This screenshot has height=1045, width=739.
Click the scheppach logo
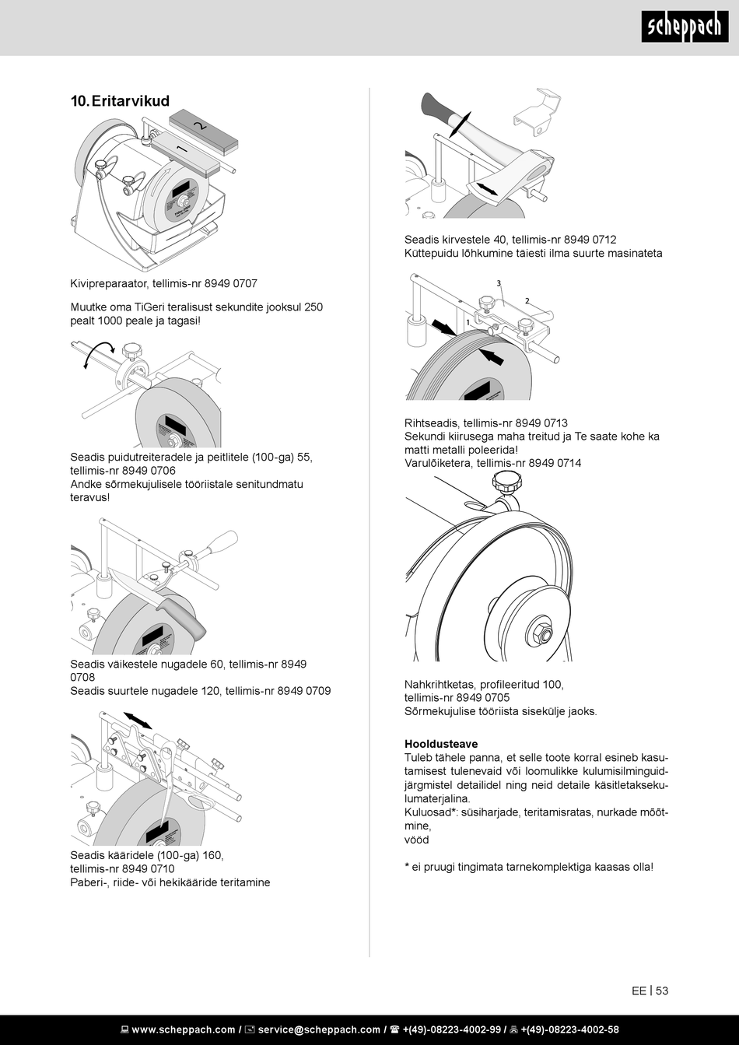tap(685, 28)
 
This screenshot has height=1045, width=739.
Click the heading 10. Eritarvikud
tap(120, 101)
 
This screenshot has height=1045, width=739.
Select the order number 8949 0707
tap(231, 284)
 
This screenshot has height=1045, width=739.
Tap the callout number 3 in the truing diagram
tap(498, 283)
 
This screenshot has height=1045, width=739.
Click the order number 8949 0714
tap(555, 463)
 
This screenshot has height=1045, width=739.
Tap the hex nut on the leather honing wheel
tap(539, 631)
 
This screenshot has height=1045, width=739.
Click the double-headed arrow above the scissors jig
tap(138, 720)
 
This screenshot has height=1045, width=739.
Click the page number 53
tap(662, 991)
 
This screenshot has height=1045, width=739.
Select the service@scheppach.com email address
tap(319, 1029)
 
